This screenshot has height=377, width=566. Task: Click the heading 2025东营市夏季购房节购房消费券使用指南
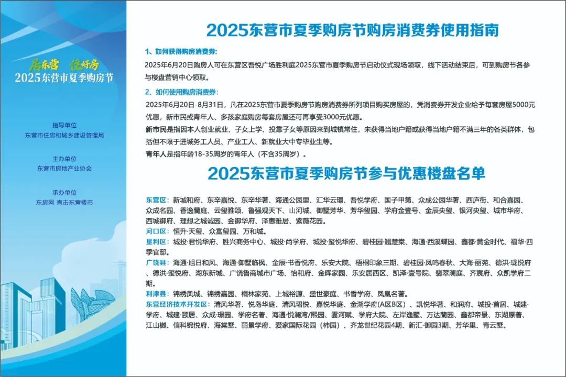pos(352,30)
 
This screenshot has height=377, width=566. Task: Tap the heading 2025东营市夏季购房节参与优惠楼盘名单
pos(346,173)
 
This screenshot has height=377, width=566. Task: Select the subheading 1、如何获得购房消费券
pos(181,52)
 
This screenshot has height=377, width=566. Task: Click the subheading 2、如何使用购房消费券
pos(181,92)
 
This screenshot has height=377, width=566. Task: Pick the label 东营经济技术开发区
pos(178,305)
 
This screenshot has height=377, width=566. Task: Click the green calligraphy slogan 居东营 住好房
pos(64,65)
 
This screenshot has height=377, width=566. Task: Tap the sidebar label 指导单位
pos(64,125)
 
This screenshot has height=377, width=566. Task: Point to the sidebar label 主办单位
pos(64,159)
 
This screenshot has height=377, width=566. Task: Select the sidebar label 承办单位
pos(64,193)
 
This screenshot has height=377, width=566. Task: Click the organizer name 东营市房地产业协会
pos(64,169)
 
